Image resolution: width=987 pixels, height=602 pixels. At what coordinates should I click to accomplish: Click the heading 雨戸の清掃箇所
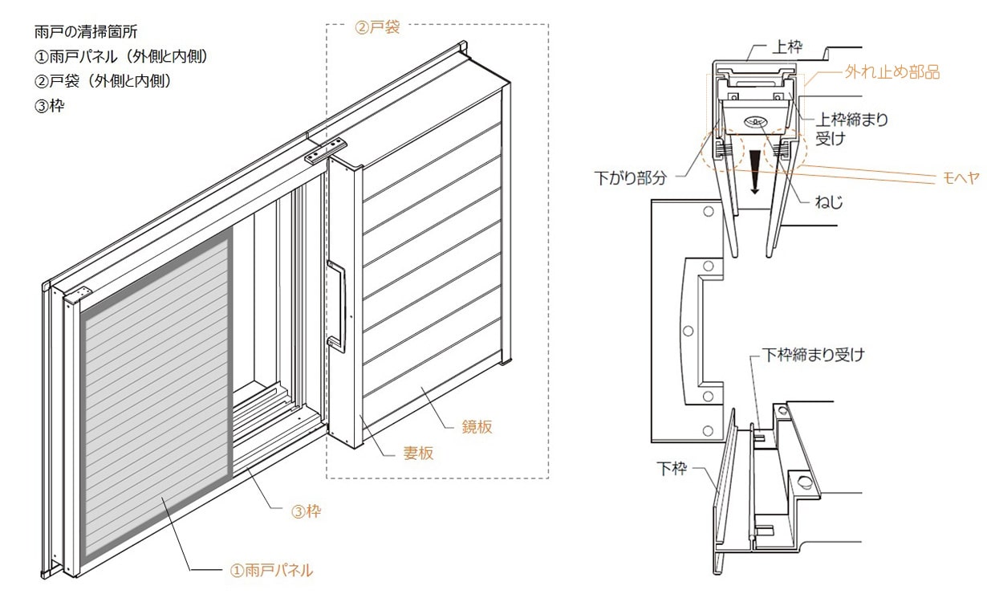point(86,32)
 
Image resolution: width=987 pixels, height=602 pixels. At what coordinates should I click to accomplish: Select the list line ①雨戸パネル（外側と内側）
point(120,56)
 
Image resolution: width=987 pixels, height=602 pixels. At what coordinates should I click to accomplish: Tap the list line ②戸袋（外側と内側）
point(103,81)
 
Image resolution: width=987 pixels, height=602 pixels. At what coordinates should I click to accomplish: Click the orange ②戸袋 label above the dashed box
point(377,27)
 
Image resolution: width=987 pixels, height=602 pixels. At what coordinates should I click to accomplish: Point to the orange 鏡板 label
point(477,426)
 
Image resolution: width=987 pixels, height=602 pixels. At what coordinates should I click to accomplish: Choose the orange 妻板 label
point(418,453)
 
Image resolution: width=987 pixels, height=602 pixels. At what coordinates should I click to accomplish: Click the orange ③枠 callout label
point(307,511)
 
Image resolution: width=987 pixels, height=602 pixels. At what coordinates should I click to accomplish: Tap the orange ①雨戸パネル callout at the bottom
point(271,571)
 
